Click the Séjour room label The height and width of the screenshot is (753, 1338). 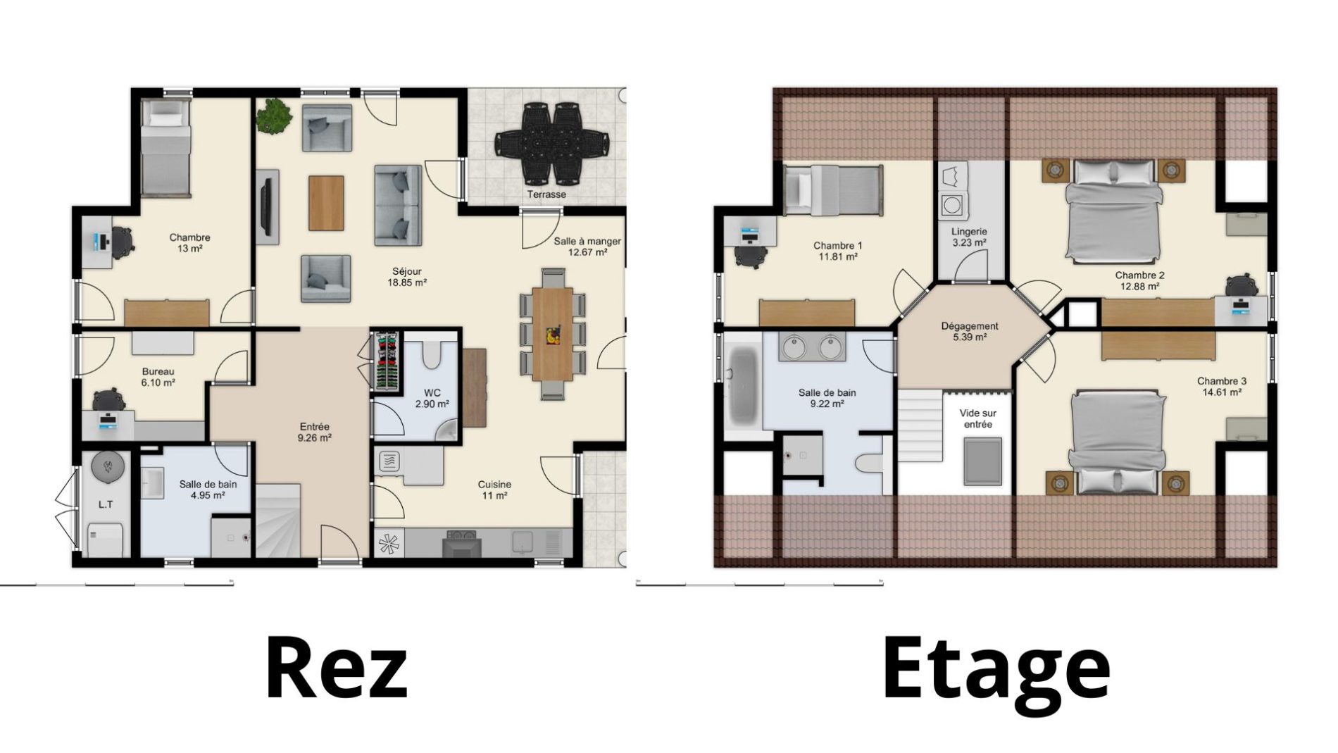coord(408,271)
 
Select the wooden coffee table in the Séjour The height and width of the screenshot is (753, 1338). coord(326,202)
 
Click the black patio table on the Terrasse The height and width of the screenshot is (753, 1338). coord(553,141)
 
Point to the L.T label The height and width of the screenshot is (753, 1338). coord(106,504)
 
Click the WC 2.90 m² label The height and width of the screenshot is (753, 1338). coord(432,399)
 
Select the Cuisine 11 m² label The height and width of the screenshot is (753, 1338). coord(494,490)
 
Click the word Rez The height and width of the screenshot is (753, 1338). coord(337,667)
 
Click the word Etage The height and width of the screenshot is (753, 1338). coord(996,668)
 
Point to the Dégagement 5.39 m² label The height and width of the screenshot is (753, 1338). coord(970,332)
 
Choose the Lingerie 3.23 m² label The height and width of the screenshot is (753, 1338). coord(969,237)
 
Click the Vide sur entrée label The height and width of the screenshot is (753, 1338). coord(978,419)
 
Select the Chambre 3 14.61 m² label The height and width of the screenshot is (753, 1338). coord(1221,387)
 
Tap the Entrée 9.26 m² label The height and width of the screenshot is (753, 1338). coord(315,432)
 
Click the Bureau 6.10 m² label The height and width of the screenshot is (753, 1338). coord(158,377)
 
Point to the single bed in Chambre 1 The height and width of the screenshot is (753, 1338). coord(832,190)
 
